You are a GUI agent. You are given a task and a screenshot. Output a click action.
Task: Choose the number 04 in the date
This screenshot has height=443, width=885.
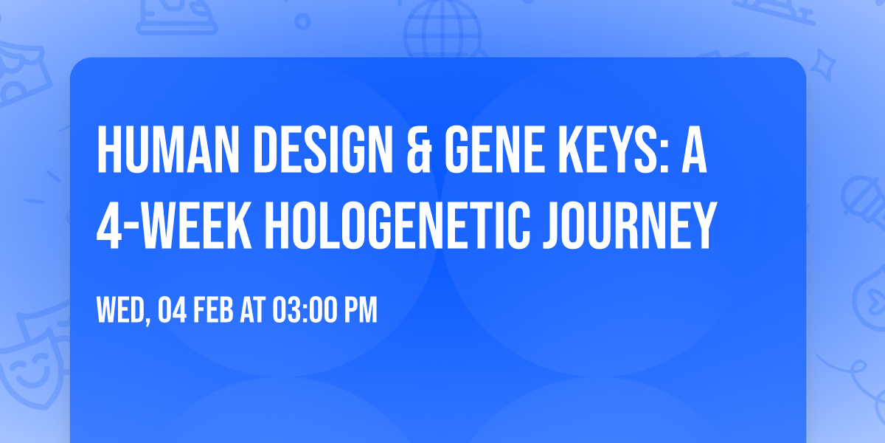pyautogui.click(x=171, y=311)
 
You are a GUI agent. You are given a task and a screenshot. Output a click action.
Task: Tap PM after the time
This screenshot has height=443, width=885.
pyautogui.click(x=359, y=311)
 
